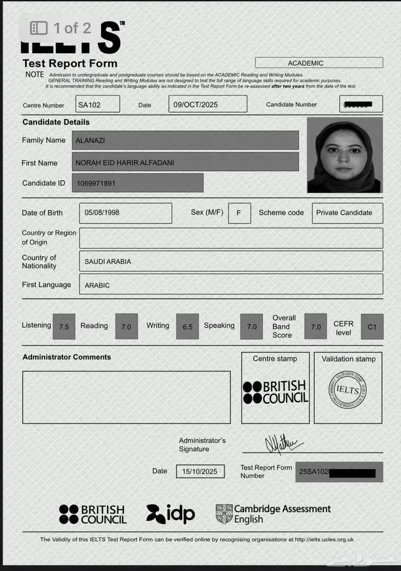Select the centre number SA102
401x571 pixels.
[98, 104]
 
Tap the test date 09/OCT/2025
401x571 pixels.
[208, 104]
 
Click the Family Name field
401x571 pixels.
[186, 140]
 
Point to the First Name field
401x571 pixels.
[186, 162]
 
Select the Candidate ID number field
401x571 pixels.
[137, 183]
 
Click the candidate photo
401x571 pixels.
[344, 155]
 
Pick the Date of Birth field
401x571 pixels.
[125, 213]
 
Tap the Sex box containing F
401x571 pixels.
[239, 213]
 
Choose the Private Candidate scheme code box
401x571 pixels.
[347, 213]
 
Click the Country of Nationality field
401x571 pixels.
[231, 261]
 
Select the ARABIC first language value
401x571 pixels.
[97, 285]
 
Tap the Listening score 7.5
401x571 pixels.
[64, 327]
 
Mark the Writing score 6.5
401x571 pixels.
[187, 327]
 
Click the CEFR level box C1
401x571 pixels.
[372, 327]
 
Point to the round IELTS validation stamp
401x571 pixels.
[347, 390]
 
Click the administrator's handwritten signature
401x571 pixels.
[282, 443]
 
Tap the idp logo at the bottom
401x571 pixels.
[171, 514]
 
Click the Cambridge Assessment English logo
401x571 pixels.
[273, 514]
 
